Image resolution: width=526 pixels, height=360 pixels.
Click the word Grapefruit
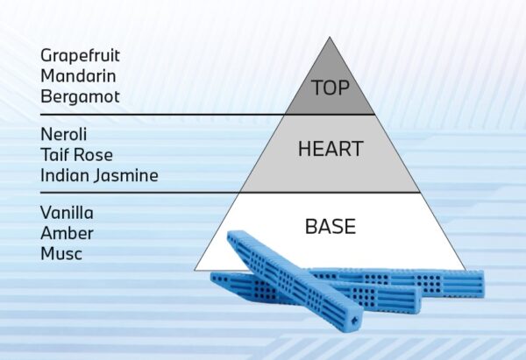tap(80, 56)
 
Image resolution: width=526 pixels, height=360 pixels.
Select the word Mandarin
tap(78, 75)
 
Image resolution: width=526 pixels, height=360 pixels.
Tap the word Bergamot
tap(80, 96)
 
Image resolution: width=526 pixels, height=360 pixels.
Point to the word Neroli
tap(63, 134)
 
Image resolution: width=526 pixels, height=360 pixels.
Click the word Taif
tap(54, 155)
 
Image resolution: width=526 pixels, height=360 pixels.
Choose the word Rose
tap(94, 155)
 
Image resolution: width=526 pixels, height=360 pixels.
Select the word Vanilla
tap(67, 213)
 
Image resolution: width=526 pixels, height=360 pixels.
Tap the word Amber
tap(67, 233)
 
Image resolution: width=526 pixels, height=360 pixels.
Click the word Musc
tap(61, 253)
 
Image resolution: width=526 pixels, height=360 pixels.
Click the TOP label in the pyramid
tap(331, 88)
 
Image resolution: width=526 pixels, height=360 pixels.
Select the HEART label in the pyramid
tap(331, 149)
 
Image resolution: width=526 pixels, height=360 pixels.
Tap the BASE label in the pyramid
tap(331, 227)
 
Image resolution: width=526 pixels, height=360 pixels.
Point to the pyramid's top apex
tap(330, 37)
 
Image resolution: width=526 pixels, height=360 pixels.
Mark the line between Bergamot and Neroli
tap(207, 115)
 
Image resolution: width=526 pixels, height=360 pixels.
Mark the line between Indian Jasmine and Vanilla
tap(230, 193)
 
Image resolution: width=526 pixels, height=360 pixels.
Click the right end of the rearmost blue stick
tap(482, 285)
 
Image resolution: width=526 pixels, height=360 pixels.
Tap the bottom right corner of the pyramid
tap(466, 270)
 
